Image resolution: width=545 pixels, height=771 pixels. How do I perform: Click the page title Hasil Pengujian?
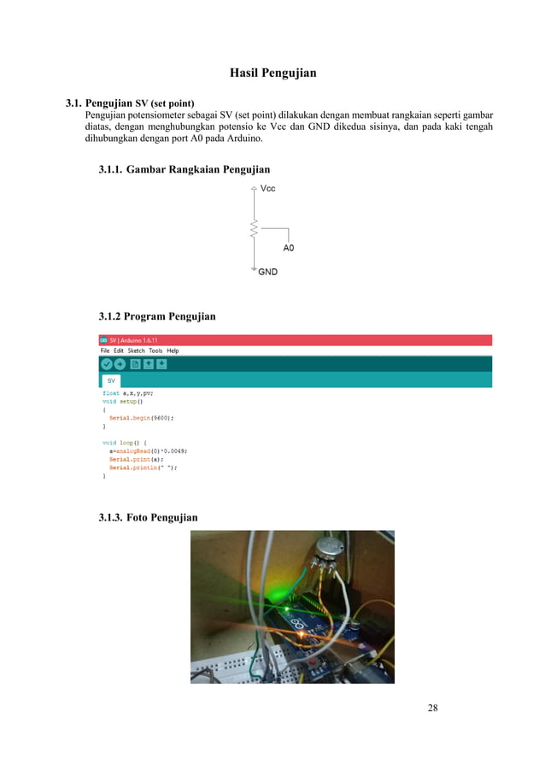point(273,73)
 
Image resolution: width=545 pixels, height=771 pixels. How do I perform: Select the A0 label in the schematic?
point(288,248)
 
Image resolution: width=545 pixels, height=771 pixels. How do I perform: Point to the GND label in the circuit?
point(267,273)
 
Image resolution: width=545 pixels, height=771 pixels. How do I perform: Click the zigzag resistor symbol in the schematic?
point(254,228)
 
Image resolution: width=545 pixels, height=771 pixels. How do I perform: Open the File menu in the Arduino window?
point(105,350)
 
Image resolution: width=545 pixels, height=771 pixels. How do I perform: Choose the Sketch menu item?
point(137,350)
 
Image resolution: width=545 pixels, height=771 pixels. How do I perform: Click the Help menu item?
point(173,350)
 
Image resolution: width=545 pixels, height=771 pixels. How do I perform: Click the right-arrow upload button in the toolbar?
point(120,364)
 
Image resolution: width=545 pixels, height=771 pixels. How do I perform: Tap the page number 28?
point(433,708)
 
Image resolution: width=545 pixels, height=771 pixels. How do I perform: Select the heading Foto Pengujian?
point(148,517)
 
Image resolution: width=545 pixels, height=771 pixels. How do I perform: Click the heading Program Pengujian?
point(157,316)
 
